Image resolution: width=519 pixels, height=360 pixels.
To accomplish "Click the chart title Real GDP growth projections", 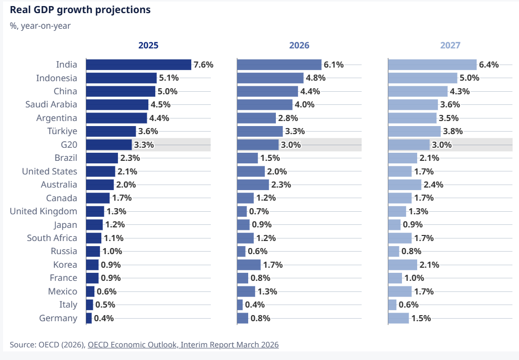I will [80, 10].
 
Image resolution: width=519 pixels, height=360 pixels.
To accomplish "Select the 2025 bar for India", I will [139, 65].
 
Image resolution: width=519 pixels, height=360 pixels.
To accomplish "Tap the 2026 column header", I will [299, 45].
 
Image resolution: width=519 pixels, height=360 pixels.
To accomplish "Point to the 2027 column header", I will [450, 45].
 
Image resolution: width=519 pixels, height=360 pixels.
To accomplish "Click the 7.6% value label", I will [203, 65].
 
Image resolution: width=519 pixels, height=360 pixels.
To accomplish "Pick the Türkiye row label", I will [62, 131].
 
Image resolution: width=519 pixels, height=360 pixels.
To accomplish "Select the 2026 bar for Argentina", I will [257, 118].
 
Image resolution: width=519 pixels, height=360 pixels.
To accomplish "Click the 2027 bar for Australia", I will [405, 185].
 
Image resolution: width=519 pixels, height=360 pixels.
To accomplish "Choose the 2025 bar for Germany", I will [89, 318].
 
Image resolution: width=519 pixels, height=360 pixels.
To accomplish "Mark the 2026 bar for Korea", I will [249, 265].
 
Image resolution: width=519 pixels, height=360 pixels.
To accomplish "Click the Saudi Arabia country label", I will [51, 104].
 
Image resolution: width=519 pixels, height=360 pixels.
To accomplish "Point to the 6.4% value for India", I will [489, 65].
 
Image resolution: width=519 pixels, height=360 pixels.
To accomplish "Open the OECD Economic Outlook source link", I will [183, 345].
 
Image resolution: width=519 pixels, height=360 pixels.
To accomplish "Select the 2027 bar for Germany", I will [398, 318].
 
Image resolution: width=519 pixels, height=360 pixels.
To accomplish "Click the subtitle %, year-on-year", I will [40, 26].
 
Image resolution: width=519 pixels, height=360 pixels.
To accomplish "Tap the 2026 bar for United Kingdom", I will [242, 211].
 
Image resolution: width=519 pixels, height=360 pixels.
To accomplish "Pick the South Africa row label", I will [52, 238].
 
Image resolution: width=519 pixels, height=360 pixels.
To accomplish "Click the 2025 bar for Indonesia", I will [122, 78].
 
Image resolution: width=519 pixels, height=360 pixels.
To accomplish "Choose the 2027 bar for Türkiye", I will [415, 131].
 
